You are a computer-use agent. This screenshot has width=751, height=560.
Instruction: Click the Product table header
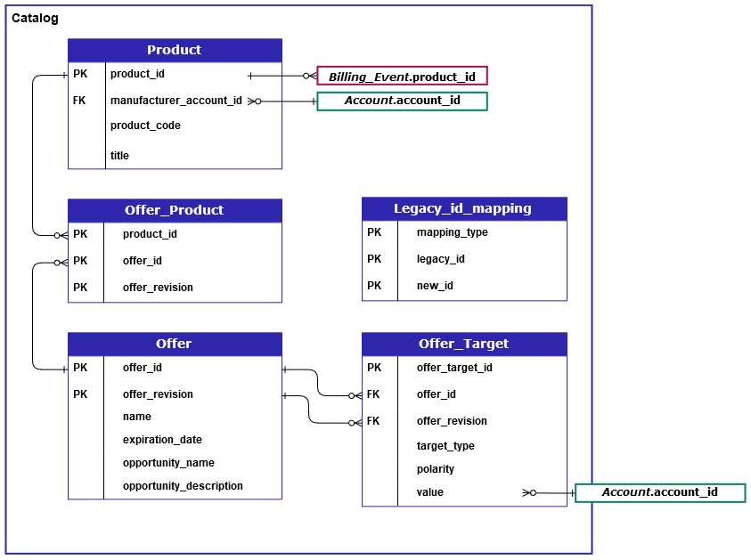click(x=174, y=50)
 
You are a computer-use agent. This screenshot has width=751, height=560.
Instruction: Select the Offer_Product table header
click(x=174, y=210)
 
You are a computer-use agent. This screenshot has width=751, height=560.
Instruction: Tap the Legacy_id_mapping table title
click(x=462, y=208)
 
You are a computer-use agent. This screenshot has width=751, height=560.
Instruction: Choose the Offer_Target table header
click(x=463, y=344)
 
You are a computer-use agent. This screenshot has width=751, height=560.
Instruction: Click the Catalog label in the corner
click(x=36, y=18)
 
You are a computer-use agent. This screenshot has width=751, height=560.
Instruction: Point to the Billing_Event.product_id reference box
click(x=402, y=77)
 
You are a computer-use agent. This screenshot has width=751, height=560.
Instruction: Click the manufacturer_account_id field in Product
click(x=176, y=101)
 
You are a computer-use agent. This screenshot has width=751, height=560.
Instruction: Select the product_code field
click(x=145, y=126)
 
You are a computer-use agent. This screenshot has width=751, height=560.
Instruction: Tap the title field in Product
click(x=119, y=156)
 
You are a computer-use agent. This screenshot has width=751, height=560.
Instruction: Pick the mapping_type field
click(x=452, y=232)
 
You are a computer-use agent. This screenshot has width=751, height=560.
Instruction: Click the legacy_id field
click(x=440, y=259)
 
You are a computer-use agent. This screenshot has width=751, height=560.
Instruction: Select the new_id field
click(x=435, y=286)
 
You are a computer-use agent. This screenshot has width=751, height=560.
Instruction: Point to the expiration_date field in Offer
click(x=162, y=440)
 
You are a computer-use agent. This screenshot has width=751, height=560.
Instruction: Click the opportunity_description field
click(x=183, y=486)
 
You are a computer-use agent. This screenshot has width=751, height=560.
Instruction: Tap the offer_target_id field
click(x=454, y=368)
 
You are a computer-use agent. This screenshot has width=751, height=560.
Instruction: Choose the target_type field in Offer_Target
click(x=445, y=446)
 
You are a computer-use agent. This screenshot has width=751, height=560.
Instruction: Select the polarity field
click(x=435, y=469)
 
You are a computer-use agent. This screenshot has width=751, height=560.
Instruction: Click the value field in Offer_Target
click(x=429, y=492)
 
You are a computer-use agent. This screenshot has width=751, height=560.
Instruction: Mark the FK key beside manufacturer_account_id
click(x=79, y=101)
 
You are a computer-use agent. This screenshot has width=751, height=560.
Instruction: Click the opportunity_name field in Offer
click(x=168, y=463)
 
